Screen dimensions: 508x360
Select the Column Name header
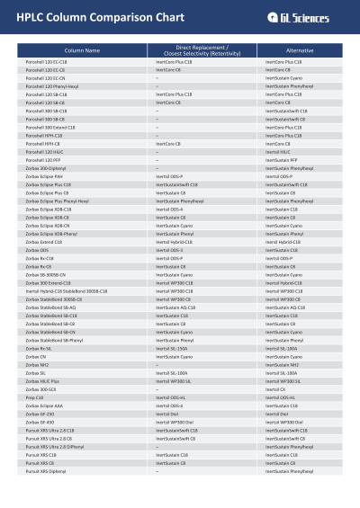(82, 50)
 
